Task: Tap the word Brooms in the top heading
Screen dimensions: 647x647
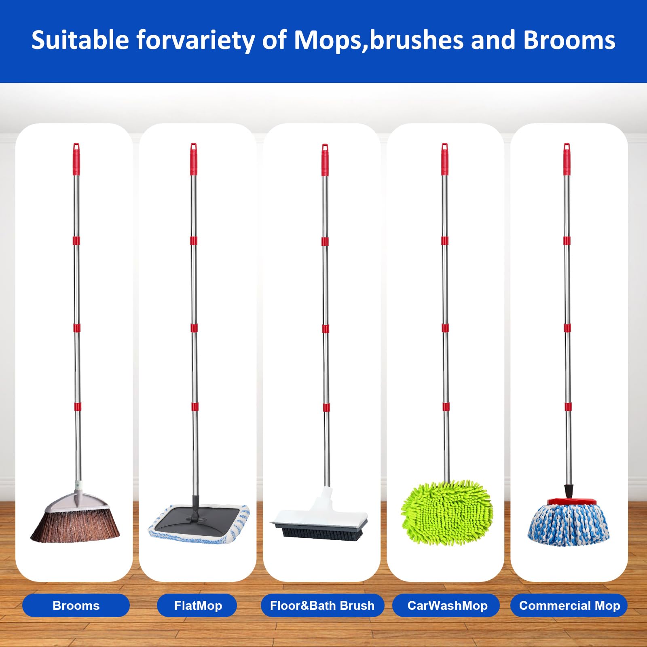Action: pos(569,40)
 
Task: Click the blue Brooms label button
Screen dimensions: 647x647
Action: pos(76,605)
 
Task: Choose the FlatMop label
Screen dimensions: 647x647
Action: pos(198,605)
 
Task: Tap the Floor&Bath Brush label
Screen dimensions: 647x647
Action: pos(322,605)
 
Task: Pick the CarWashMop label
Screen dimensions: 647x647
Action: pos(447,605)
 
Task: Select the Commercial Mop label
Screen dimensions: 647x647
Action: pos(569,605)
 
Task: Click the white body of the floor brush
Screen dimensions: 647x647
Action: pos(319,514)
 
